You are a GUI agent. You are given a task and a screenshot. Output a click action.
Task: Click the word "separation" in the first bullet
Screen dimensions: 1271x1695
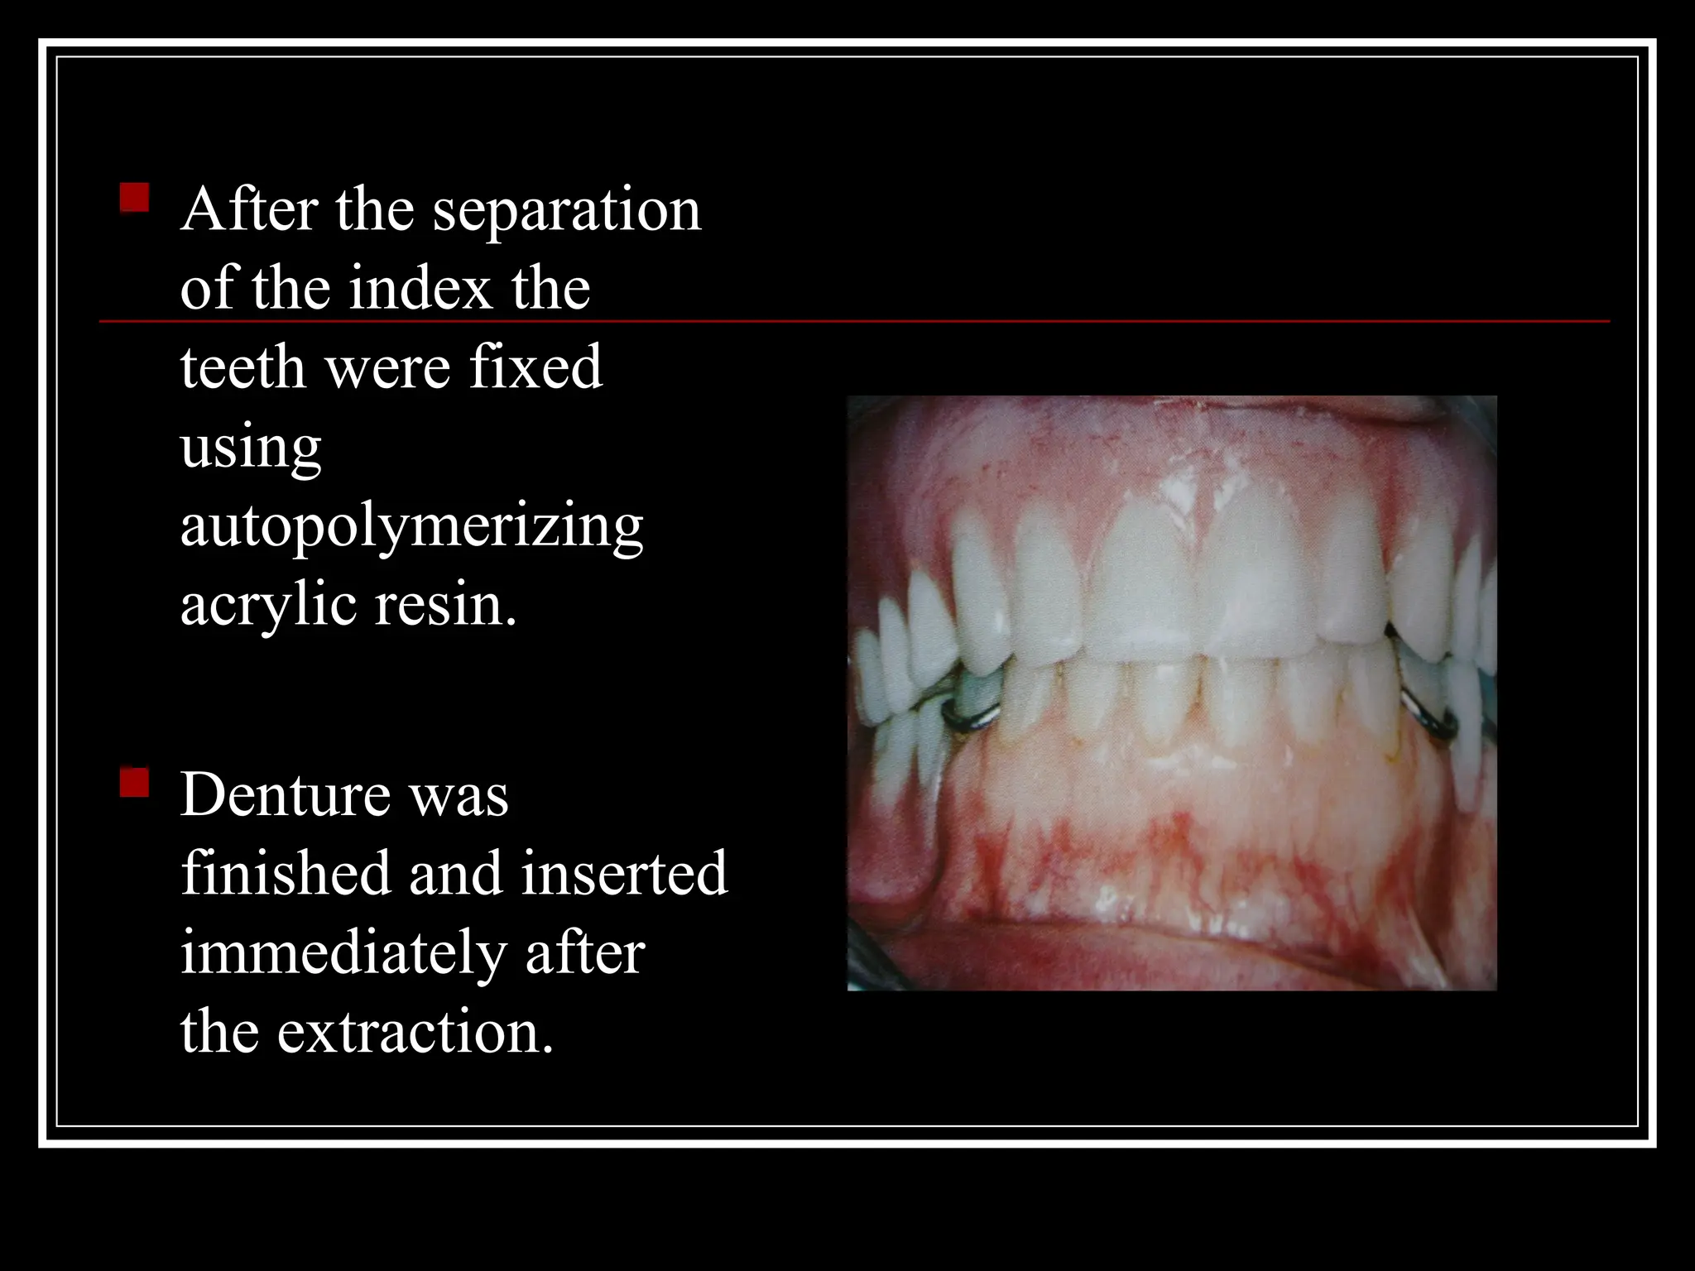pyautogui.click(x=567, y=210)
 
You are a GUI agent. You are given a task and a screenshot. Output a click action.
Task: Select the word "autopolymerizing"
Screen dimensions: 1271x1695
pyautogui.click(x=411, y=527)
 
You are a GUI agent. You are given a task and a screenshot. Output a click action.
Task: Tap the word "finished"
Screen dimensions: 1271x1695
pyautogui.click(x=286, y=874)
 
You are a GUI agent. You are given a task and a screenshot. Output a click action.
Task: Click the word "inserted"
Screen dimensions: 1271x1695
pyautogui.click(x=624, y=874)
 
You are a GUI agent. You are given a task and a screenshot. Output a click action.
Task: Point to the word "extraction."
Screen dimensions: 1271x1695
pyautogui.click(x=415, y=1033)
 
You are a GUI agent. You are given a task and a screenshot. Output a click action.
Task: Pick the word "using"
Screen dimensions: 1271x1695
pyautogui.click(x=251, y=448)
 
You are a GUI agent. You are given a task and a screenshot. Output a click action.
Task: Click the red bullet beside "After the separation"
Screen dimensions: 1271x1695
pyautogui.click(x=134, y=199)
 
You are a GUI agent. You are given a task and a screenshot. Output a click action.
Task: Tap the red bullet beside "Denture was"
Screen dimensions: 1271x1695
pyautogui.click(x=134, y=782)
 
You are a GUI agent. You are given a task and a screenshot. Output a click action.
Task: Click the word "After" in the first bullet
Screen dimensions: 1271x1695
pyautogui.click(x=249, y=210)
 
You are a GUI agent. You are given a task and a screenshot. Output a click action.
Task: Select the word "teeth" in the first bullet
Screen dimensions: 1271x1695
pyautogui.click(x=242, y=367)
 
